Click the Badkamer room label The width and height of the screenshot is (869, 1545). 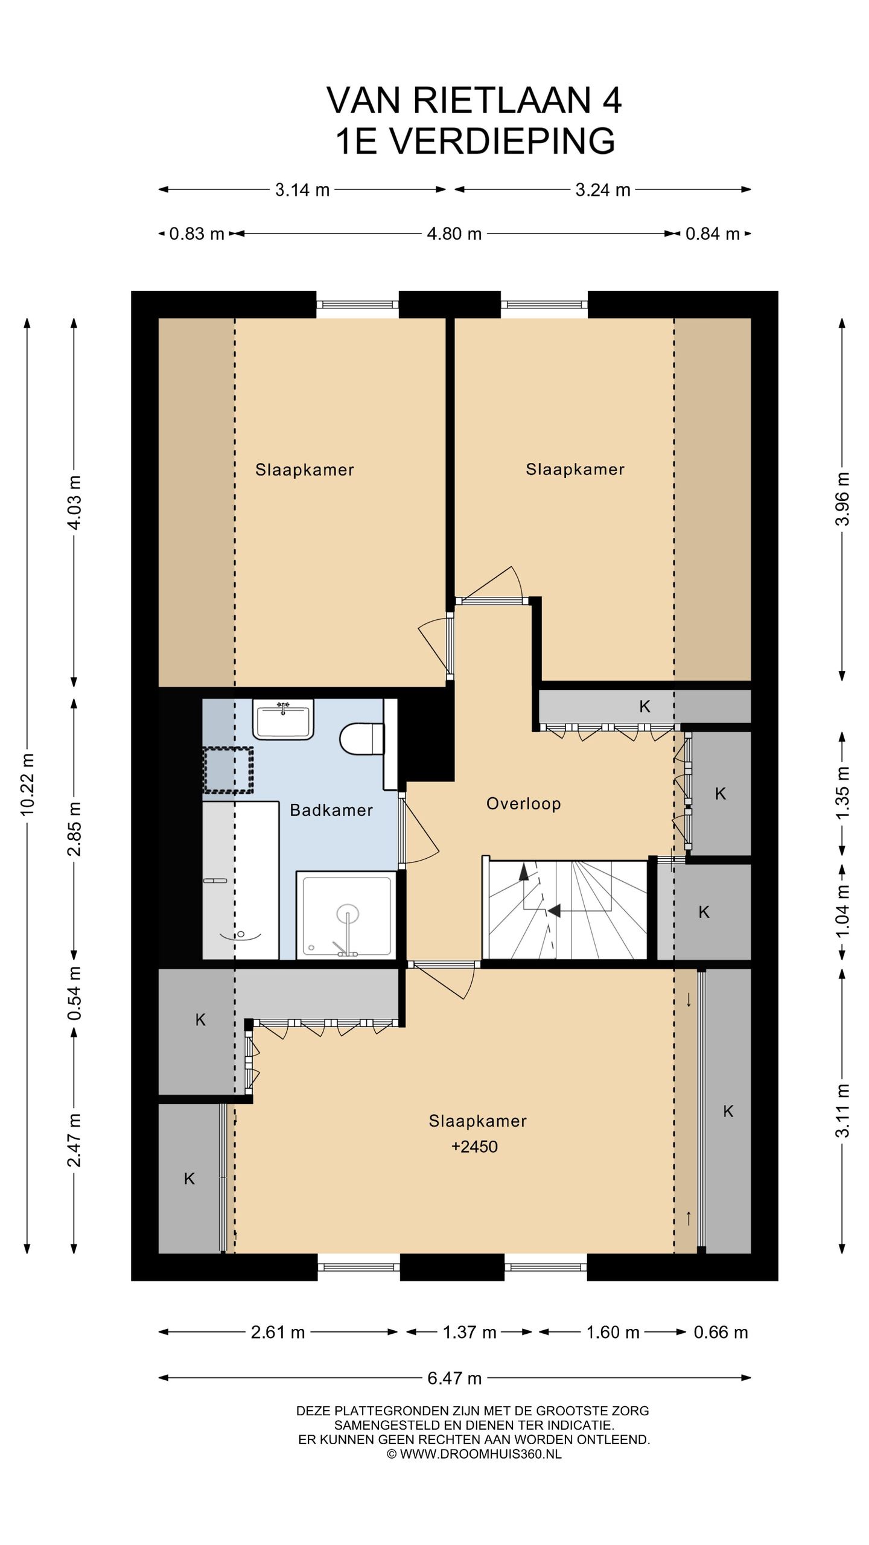(x=331, y=810)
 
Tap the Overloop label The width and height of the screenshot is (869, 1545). (x=523, y=804)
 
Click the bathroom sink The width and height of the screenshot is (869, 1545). (x=283, y=719)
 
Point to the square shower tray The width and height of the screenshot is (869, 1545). (x=346, y=914)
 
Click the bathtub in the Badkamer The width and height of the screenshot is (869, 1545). (x=240, y=880)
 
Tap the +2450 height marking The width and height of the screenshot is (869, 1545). (x=474, y=1147)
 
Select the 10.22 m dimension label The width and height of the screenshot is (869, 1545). (x=28, y=784)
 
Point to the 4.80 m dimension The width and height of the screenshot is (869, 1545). (x=454, y=234)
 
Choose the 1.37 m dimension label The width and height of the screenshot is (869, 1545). (x=470, y=1333)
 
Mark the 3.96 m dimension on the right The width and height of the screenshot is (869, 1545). (x=842, y=499)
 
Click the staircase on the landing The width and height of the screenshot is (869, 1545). (x=567, y=909)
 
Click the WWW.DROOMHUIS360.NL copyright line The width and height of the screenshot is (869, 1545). (x=474, y=1454)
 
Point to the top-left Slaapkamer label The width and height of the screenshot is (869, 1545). (x=305, y=470)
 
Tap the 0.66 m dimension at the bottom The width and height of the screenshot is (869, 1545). (x=721, y=1333)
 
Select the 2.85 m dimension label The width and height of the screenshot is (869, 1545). (x=74, y=829)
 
